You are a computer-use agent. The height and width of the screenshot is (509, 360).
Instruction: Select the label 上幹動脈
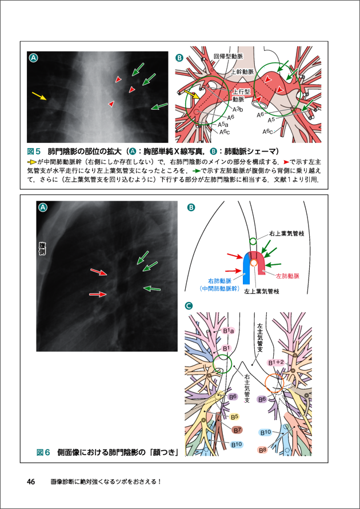[242, 73]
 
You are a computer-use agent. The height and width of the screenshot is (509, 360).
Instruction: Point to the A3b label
[238, 109]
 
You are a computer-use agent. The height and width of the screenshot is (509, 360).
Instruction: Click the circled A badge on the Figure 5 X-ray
[34, 58]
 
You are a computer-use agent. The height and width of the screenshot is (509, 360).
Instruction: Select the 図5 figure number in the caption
[34, 152]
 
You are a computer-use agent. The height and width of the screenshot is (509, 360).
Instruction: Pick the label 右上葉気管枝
[289, 234]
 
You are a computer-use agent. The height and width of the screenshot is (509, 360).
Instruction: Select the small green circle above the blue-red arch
[254, 241]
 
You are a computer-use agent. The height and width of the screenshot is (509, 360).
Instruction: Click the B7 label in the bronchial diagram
[238, 430]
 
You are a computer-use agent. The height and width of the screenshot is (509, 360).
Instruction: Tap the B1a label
[227, 331]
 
